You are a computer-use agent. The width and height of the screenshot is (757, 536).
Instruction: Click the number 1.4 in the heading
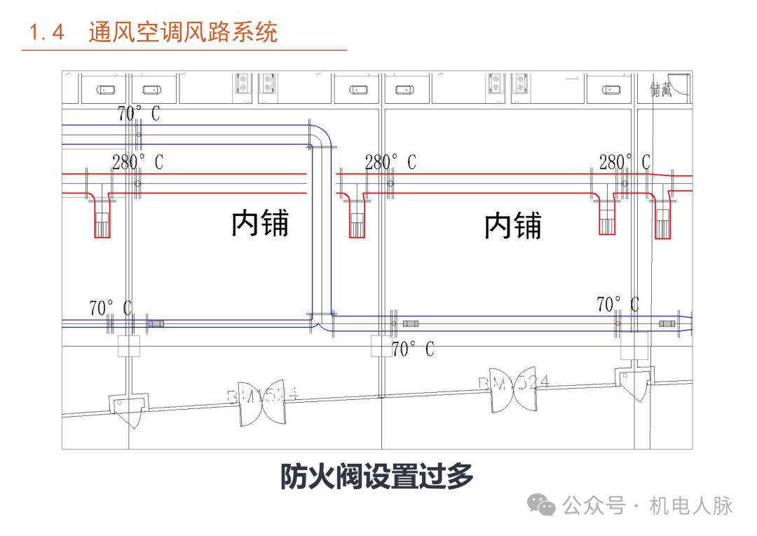[x=47, y=32]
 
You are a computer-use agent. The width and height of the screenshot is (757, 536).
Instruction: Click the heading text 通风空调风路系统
[x=183, y=32]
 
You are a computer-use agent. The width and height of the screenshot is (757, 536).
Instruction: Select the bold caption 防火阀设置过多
[x=377, y=477]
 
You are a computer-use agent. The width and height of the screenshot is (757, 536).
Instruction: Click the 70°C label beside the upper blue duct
[x=138, y=113]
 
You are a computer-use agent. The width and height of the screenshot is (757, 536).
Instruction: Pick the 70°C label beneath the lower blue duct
[x=412, y=349]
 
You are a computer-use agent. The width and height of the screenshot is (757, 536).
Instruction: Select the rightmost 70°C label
[x=618, y=304]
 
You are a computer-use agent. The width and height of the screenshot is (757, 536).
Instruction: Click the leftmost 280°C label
[x=137, y=163]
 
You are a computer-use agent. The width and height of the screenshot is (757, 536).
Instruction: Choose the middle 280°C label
[x=390, y=163]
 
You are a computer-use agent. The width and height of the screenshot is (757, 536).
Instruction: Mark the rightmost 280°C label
[x=624, y=163]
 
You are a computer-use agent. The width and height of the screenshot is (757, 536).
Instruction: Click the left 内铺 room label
[x=260, y=224]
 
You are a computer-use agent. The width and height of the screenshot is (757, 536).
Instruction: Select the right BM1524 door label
[x=514, y=383]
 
